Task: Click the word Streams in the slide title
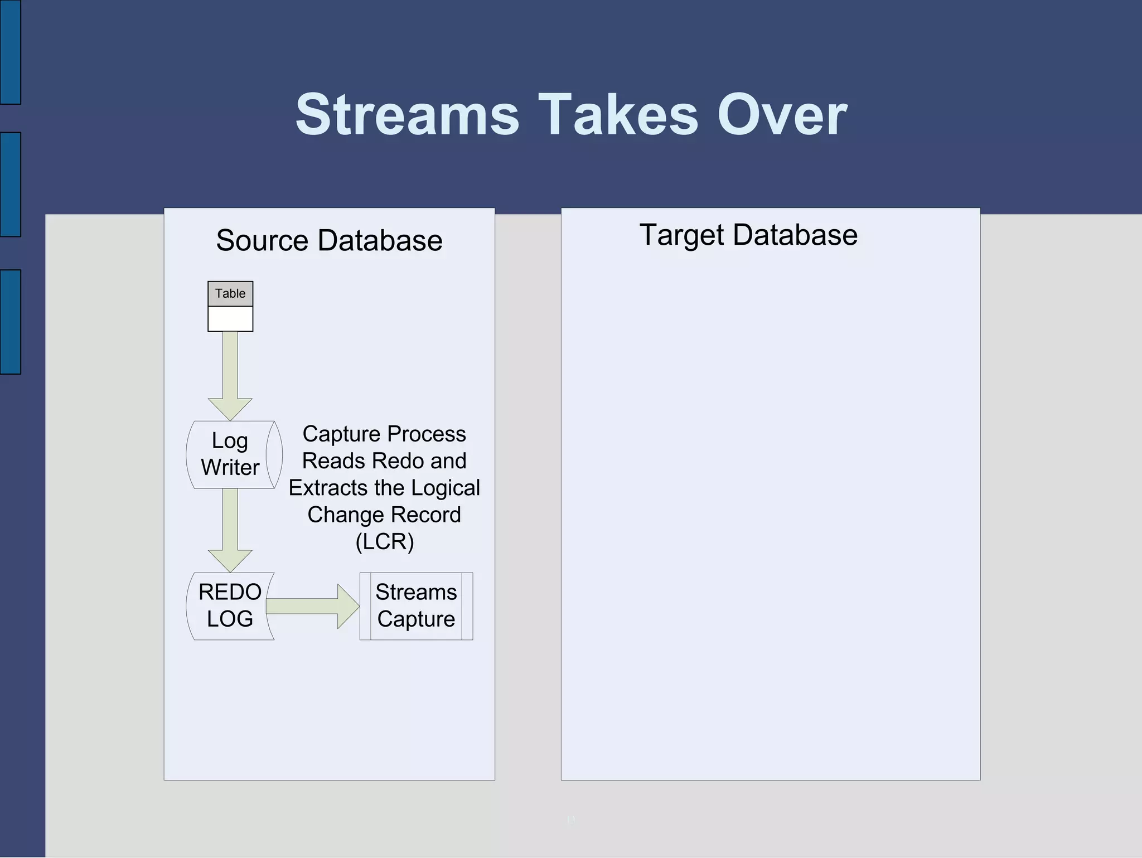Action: pyautogui.click(x=407, y=115)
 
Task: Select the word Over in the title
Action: pyautogui.click(x=782, y=115)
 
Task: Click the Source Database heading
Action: pyautogui.click(x=329, y=241)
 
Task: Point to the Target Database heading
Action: pyautogui.click(x=748, y=235)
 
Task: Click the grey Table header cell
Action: pyautogui.click(x=230, y=294)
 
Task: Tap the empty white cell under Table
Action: pyautogui.click(x=230, y=319)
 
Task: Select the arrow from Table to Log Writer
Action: pyautogui.click(x=230, y=374)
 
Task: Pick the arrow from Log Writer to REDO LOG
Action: pyautogui.click(x=230, y=527)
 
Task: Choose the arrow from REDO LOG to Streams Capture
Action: pyautogui.click(x=312, y=606)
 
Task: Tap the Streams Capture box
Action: pyautogui.click(x=416, y=606)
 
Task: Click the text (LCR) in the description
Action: pyautogui.click(x=384, y=542)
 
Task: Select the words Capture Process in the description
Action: pyautogui.click(x=384, y=434)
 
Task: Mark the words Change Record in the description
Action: pyautogui.click(x=384, y=515)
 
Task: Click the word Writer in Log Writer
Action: pyautogui.click(x=230, y=468)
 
